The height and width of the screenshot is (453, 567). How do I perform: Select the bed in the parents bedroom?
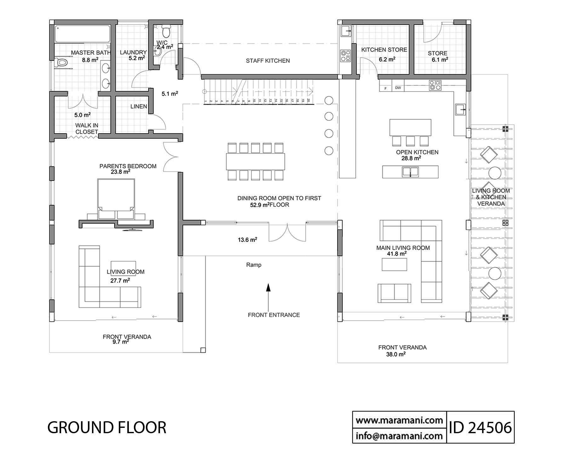(116, 199)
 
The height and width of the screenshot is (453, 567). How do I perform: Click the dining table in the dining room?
(255, 161)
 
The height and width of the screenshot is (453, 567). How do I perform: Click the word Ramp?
(254, 265)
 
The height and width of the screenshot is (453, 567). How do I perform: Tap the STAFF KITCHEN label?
(268, 61)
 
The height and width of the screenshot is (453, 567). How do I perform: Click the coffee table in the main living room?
(394, 264)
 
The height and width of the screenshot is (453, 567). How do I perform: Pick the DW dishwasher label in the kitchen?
(398, 88)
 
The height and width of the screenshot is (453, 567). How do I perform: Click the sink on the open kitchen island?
(410, 172)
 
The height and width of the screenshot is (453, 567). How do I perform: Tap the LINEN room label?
(139, 107)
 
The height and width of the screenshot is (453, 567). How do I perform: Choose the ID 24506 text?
(481, 428)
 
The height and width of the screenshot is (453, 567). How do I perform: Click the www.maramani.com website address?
(399, 420)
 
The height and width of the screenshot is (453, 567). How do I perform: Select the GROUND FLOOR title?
(107, 428)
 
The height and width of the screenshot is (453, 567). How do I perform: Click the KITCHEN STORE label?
(384, 50)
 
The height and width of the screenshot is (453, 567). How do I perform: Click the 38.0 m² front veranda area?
(396, 354)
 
